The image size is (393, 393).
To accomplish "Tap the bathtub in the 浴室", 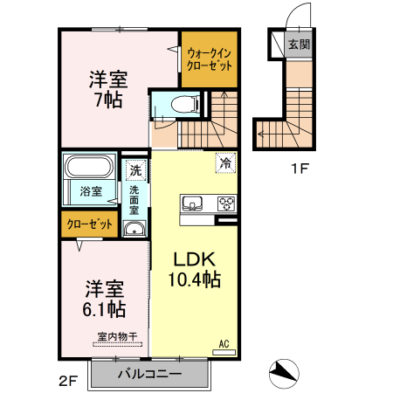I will [90, 167].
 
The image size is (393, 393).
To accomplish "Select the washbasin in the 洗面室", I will [134, 229].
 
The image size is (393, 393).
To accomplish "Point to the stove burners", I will [225, 204].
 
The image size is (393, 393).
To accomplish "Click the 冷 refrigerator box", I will [225, 162].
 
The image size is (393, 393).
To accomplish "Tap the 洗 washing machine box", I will [135, 169].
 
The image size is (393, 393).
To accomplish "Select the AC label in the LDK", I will [224, 343].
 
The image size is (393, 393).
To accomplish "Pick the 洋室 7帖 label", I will [108, 88].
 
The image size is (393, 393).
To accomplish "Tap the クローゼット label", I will [91, 224].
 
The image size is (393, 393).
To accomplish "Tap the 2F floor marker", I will [69, 380].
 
